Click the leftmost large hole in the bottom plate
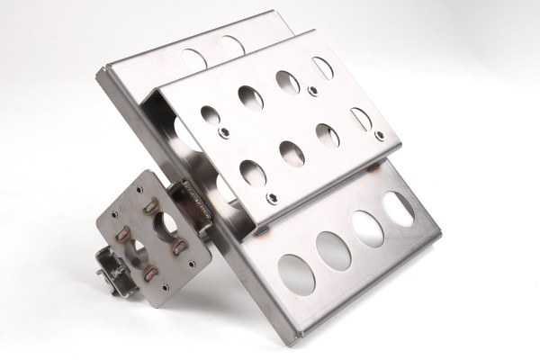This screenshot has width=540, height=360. point(296,271)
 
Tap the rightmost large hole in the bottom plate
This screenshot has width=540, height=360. point(399,209)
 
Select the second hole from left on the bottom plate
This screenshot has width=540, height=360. point(333,250)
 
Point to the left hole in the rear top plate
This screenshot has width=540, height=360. point(193,57)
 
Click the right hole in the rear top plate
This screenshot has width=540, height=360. point(230,45)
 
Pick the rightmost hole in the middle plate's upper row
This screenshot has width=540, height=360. point(322,67)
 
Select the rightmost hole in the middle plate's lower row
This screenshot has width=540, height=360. point(360,119)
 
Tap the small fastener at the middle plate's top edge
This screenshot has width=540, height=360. point(311,90)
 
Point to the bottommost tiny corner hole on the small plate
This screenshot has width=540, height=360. point(165,288)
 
